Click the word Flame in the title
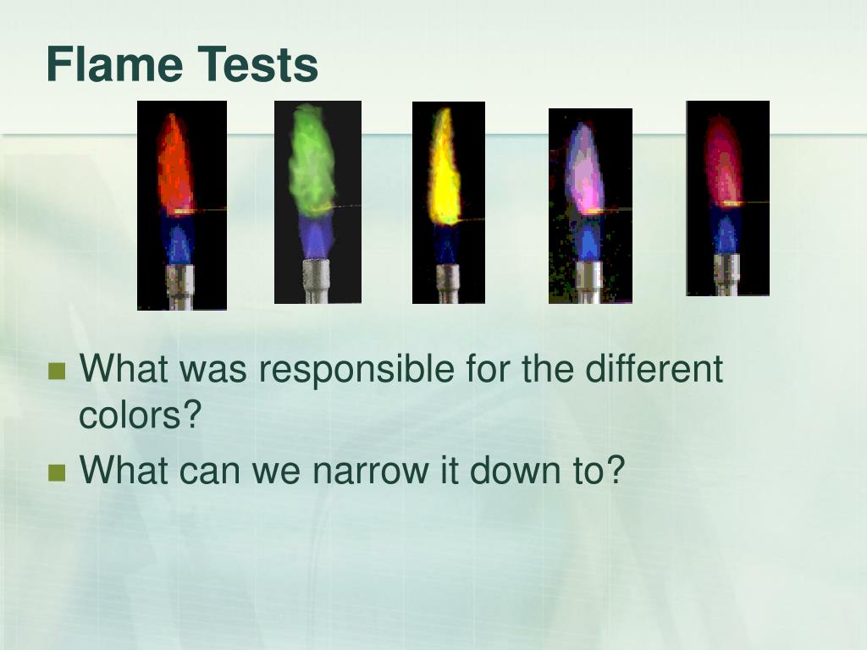(x=114, y=64)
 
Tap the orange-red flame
(x=174, y=165)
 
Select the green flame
(x=312, y=161)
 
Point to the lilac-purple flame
(x=585, y=169)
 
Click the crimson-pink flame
(x=723, y=161)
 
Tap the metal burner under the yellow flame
(x=447, y=283)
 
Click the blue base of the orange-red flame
(x=178, y=239)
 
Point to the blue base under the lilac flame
(x=588, y=239)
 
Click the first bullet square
(x=58, y=371)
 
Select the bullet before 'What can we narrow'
(x=58, y=471)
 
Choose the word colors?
(x=141, y=415)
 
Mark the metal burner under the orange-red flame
(x=180, y=286)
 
